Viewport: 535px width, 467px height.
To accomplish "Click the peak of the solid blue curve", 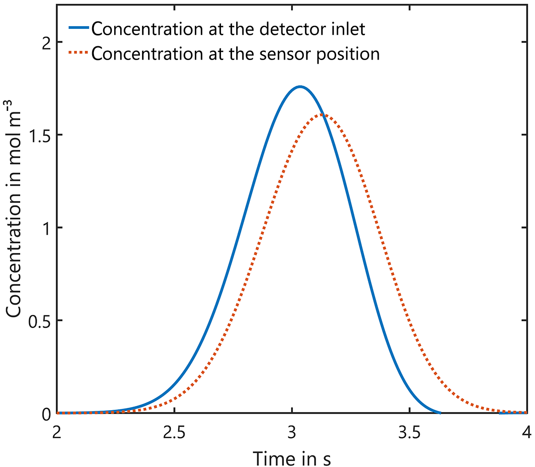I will [x=300, y=87].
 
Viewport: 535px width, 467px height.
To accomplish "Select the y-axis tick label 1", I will [x=44, y=228].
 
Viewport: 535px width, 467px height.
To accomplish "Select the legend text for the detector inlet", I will [x=228, y=29].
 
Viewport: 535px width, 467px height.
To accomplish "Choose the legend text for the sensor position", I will [x=235, y=54].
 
